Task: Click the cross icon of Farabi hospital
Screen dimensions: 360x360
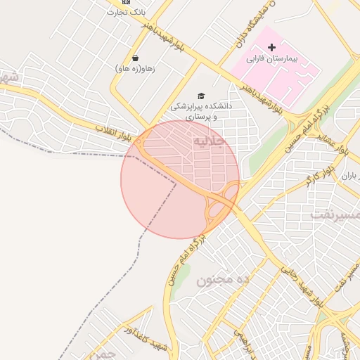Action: pos(272,47)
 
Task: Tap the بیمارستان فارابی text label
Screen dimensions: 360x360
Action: pos(274,60)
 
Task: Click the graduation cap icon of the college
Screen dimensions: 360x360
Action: pos(201,96)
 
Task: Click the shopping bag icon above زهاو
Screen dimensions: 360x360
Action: pos(134,58)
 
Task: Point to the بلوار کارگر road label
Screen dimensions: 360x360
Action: pos(320,169)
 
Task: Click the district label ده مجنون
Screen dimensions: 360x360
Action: pos(223,280)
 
